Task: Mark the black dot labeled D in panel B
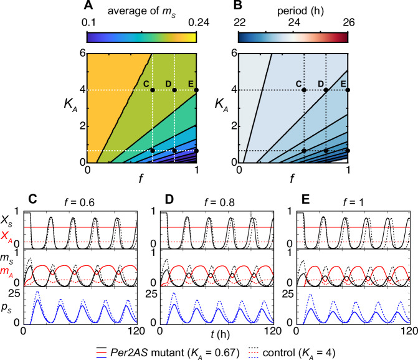(x=326, y=90)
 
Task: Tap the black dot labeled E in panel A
(x=197, y=90)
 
